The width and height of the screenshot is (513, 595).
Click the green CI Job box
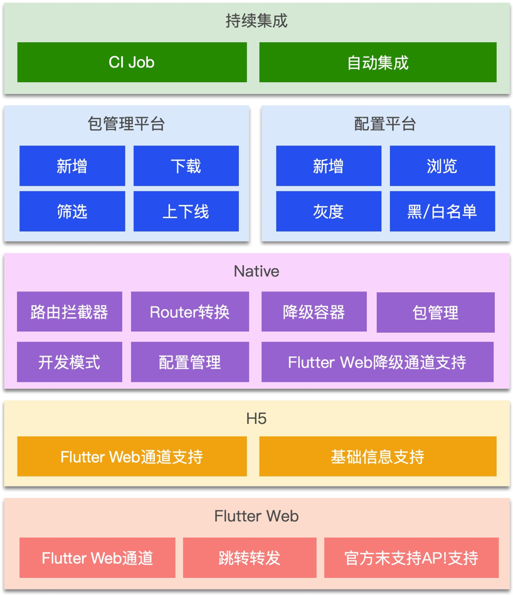[132, 62]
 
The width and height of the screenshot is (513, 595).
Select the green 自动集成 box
[378, 62]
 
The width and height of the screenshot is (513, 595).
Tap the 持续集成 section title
[256, 21]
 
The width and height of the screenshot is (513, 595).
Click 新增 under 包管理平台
[72, 166]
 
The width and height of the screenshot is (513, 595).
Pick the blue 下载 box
[186, 166]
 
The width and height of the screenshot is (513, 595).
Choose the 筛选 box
[72, 211]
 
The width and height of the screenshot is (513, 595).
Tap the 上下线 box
[186, 211]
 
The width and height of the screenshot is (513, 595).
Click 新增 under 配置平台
[329, 166]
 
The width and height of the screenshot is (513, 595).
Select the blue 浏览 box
[442, 166]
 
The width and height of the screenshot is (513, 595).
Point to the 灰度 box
[329, 211]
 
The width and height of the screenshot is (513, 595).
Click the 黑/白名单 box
[442, 211]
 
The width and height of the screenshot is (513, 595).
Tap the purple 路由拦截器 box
[70, 312]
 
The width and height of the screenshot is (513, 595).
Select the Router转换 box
[189, 312]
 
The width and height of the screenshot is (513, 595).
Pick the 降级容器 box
[314, 312]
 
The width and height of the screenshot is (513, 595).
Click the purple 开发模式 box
[70, 362]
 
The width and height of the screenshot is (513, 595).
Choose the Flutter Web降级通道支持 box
[377, 362]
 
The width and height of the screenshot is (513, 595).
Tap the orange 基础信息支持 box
[378, 456]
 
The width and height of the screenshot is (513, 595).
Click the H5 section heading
[256, 419]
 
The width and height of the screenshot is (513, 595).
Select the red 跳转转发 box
[250, 557]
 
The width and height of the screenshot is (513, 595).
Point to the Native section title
[256, 271]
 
